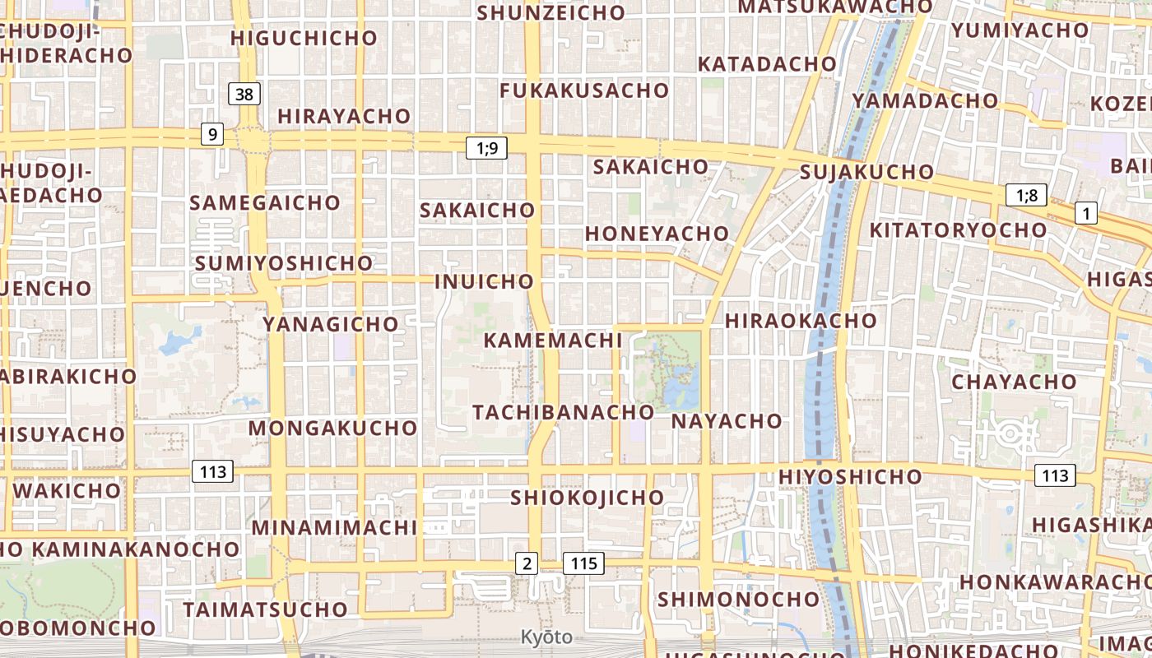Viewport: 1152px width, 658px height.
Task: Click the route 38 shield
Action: pyautogui.click(x=244, y=94)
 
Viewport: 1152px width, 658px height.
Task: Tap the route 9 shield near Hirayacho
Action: pyautogui.click(x=212, y=133)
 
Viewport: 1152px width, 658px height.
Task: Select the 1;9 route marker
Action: pyautogui.click(x=486, y=148)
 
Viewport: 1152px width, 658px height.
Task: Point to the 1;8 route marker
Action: pyautogui.click(x=1026, y=195)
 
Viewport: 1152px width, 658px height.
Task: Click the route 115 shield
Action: pyautogui.click(x=583, y=563)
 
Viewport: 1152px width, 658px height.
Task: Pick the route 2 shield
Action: pyautogui.click(x=527, y=563)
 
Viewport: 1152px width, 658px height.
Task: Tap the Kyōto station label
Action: pyautogui.click(x=546, y=637)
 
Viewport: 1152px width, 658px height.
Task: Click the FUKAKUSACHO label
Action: pyautogui.click(x=584, y=90)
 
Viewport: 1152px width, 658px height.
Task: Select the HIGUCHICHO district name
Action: pyautogui.click(x=304, y=38)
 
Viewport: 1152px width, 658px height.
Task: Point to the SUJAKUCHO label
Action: pyautogui.click(x=866, y=172)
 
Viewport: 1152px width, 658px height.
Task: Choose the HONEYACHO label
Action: pyautogui.click(x=657, y=234)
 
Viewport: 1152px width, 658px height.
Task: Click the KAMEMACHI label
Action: pyautogui.click(x=552, y=340)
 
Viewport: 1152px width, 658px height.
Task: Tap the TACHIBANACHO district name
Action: pyautogui.click(x=563, y=412)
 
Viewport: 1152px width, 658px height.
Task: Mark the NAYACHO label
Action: pyautogui.click(x=727, y=421)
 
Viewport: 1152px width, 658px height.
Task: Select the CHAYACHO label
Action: pyautogui.click(x=1014, y=382)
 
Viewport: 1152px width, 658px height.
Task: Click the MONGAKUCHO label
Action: pyautogui.click(x=332, y=429)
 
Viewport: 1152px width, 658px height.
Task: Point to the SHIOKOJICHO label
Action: pyautogui.click(x=587, y=498)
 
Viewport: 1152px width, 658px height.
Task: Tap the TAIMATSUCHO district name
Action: pyautogui.click(x=265, y=609)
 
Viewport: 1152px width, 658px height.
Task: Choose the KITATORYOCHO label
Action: pyautogui.click(x=958, y=229)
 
